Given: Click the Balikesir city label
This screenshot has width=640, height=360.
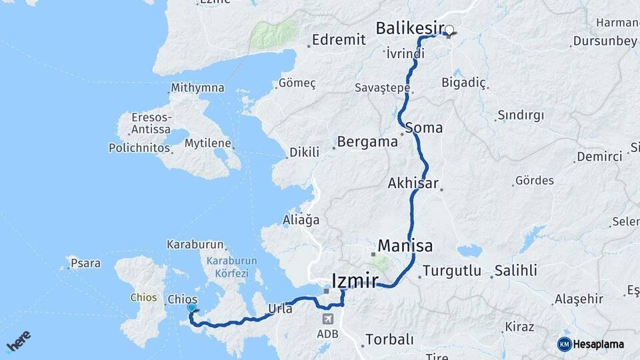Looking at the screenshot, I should [x=410, y=28].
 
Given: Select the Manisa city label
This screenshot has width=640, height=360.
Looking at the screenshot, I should [x=405, y=246].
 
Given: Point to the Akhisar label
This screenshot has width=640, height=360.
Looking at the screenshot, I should [x=413, y=183].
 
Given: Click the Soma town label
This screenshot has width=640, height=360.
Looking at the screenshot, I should [x=423, y=127].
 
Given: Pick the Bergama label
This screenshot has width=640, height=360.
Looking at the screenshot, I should [x=367, y=142].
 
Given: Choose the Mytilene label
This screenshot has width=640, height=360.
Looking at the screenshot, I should [x=207, y=143].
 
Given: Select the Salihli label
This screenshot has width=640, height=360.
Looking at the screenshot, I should [x=515, y=271].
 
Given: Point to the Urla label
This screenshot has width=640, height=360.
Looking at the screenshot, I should [x=280, y=308].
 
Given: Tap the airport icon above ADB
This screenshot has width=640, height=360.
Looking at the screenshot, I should [x=327, y=319].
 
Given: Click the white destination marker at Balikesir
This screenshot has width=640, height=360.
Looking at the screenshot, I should [x=449, y=30].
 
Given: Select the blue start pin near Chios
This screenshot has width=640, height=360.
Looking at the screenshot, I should [x=192, y=307].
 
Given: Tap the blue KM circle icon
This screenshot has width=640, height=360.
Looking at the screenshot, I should [x=564, y=344].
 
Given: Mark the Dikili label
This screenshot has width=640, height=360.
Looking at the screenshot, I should [x=304, y=153].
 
